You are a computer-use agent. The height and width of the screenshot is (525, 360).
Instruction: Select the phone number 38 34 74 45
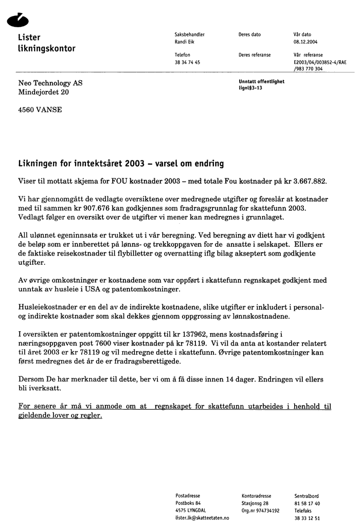pyautogui.click(x=187, y=62)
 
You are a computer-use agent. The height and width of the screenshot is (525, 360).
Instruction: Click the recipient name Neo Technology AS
pyautogui.click(x=50, y=83)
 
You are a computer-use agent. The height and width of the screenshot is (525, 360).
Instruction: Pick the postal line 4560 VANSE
pyautogui.click(x=40, y=110)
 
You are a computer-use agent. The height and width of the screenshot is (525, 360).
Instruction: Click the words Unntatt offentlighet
pyautogui.click(x=261, y=81)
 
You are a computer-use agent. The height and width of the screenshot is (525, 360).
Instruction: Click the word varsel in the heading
pyautogui.click(x=157, y=164)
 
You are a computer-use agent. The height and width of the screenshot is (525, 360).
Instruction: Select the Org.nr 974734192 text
pyautogui.click(x=260, y=511)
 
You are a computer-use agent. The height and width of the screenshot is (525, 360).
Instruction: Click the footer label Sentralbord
pyautogui.click(x=307, y=496)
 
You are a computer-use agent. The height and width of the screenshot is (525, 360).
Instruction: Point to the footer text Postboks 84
pyautogui.click(x=188, y=503)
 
